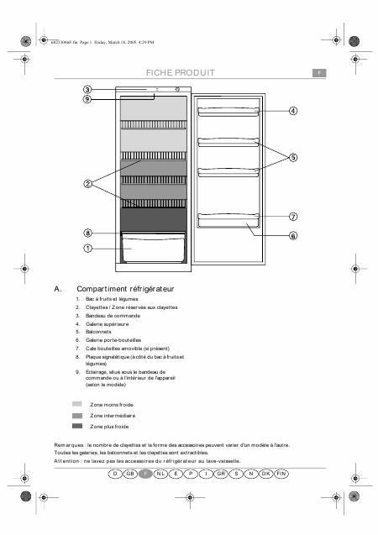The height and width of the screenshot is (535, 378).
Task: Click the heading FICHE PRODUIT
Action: (180, 73)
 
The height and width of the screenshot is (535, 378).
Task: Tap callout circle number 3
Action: (87, 89)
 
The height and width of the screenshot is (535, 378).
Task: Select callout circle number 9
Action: (87, 99)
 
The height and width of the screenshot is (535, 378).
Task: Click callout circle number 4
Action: (293, 111)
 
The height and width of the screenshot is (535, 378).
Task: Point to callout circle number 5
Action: (293, 157)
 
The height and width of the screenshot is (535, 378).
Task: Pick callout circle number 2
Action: (87, 183)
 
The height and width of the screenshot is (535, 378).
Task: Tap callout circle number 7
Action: (293, 216)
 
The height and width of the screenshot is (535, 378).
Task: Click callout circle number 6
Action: (293, 236)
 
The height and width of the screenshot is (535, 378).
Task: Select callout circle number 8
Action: (87, 233)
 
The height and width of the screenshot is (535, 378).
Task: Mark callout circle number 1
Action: (87, 249)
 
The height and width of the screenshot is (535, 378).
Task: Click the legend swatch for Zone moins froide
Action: (77, 404)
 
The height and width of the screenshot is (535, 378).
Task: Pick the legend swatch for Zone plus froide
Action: (77, 426)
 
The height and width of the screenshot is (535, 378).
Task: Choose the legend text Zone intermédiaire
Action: (113, 415)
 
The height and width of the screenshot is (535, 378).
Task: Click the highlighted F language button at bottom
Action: (145, 474)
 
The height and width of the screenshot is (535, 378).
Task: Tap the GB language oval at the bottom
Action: (129, 474)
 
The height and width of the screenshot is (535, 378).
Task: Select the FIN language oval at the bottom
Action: (281, 474)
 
